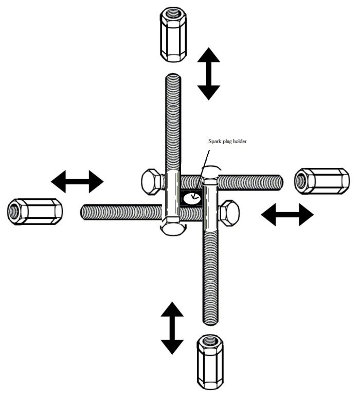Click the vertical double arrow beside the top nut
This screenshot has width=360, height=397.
[209, 73]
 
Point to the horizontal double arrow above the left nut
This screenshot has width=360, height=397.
[77, 181]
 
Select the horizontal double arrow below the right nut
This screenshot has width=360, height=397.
[287, 214]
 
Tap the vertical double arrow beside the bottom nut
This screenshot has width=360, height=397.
[172, 327]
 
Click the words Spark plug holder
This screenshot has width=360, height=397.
[227, 141]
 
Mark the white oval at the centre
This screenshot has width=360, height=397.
[193, 197]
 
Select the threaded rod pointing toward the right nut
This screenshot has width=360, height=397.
[252, 182]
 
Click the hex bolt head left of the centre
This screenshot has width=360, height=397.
[152, 181]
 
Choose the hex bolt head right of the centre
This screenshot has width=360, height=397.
[228, 212]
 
